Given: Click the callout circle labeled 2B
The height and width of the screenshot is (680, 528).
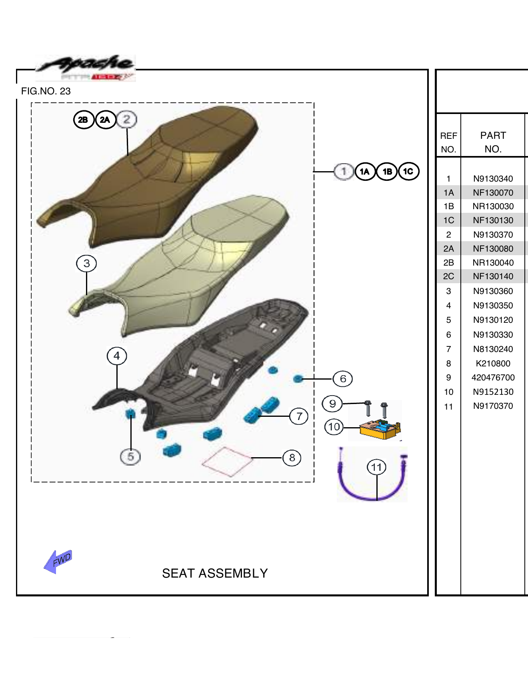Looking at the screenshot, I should (83, 120).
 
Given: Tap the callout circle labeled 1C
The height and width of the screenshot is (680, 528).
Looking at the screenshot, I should (408, 172).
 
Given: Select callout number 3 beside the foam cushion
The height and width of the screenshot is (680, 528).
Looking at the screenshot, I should (86, 264).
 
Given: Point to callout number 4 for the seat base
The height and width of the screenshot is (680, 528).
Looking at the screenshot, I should (117, 356).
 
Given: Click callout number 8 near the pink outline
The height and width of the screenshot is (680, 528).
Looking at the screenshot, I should (292, 458).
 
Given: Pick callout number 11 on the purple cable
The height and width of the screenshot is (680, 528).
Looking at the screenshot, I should (376, 467).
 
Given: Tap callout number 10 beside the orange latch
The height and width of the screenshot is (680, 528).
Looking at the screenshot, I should (334, 427).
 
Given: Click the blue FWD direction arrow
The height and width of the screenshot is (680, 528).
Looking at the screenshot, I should (58, 561).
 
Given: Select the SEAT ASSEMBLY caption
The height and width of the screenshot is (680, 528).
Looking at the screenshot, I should (215, 573).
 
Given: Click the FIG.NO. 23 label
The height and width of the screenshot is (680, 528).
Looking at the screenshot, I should (46, 91).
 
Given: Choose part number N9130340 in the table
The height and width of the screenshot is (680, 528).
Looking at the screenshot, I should (493, 179).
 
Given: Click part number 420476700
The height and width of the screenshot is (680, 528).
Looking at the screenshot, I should (493, 378).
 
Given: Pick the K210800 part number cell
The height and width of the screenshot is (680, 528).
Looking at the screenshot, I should (493, 364).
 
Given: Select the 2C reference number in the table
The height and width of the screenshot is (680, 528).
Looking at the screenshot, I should (448, 276).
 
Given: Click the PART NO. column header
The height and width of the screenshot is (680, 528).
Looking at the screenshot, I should (493, 142).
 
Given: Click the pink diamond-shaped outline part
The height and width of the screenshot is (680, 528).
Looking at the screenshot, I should (228, 462).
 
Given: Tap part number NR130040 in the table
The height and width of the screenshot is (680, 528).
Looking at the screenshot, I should (493, 263).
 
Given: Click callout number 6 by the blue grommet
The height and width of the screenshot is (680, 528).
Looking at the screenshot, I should (343, 379).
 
